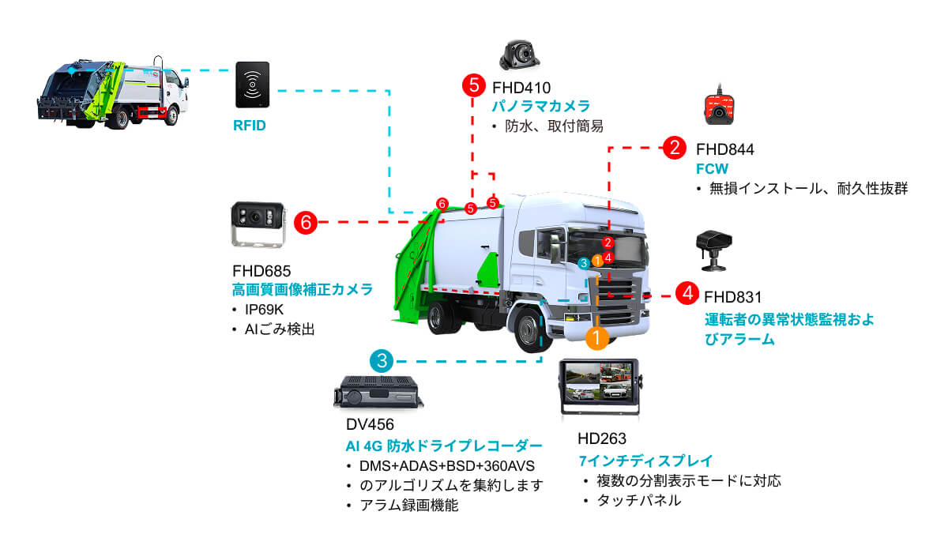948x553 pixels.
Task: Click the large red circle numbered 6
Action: [x=306, y=223]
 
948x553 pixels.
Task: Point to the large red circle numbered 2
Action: [x=673, y=147]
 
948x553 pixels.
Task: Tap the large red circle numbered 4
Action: [x=687, y=294]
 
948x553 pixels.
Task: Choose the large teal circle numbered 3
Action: [x=382, y=362]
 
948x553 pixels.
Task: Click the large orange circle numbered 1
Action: [x=596, y=338]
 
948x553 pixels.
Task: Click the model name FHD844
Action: [x=724, y=149]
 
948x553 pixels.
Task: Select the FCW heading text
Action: [x=711, y=169]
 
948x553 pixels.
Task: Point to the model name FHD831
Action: [x=732, y=298]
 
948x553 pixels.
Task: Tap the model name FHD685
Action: [x=261, y=271]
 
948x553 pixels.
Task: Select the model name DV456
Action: [x=370, y=424]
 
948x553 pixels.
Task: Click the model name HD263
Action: [x=602, y=439]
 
